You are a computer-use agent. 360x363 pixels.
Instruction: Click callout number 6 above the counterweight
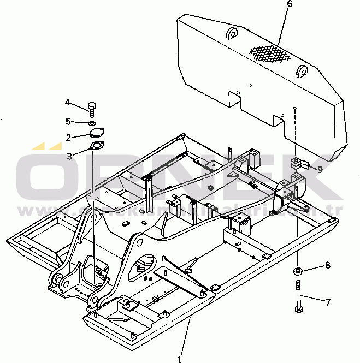(x=290, y=4)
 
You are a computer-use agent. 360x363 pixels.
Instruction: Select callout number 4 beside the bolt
(x=68, y=102)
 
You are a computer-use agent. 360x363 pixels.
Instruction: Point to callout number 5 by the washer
(x=68, y=121)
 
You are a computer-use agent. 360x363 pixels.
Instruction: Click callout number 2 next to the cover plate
(x=68, y=137)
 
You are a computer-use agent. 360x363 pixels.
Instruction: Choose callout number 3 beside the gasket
(x=69, y=156)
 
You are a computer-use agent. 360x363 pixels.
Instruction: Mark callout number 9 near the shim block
(x=320, y=169)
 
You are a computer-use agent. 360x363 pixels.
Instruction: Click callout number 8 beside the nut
(x=327, y=265)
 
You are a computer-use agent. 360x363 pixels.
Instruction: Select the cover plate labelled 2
(x=97, y=133)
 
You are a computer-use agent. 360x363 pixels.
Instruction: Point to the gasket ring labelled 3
(x=97, y=146)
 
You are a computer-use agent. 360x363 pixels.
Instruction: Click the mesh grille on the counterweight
(x=269, y=53)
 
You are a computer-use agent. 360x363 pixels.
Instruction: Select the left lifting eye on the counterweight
(x=232, y=34)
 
